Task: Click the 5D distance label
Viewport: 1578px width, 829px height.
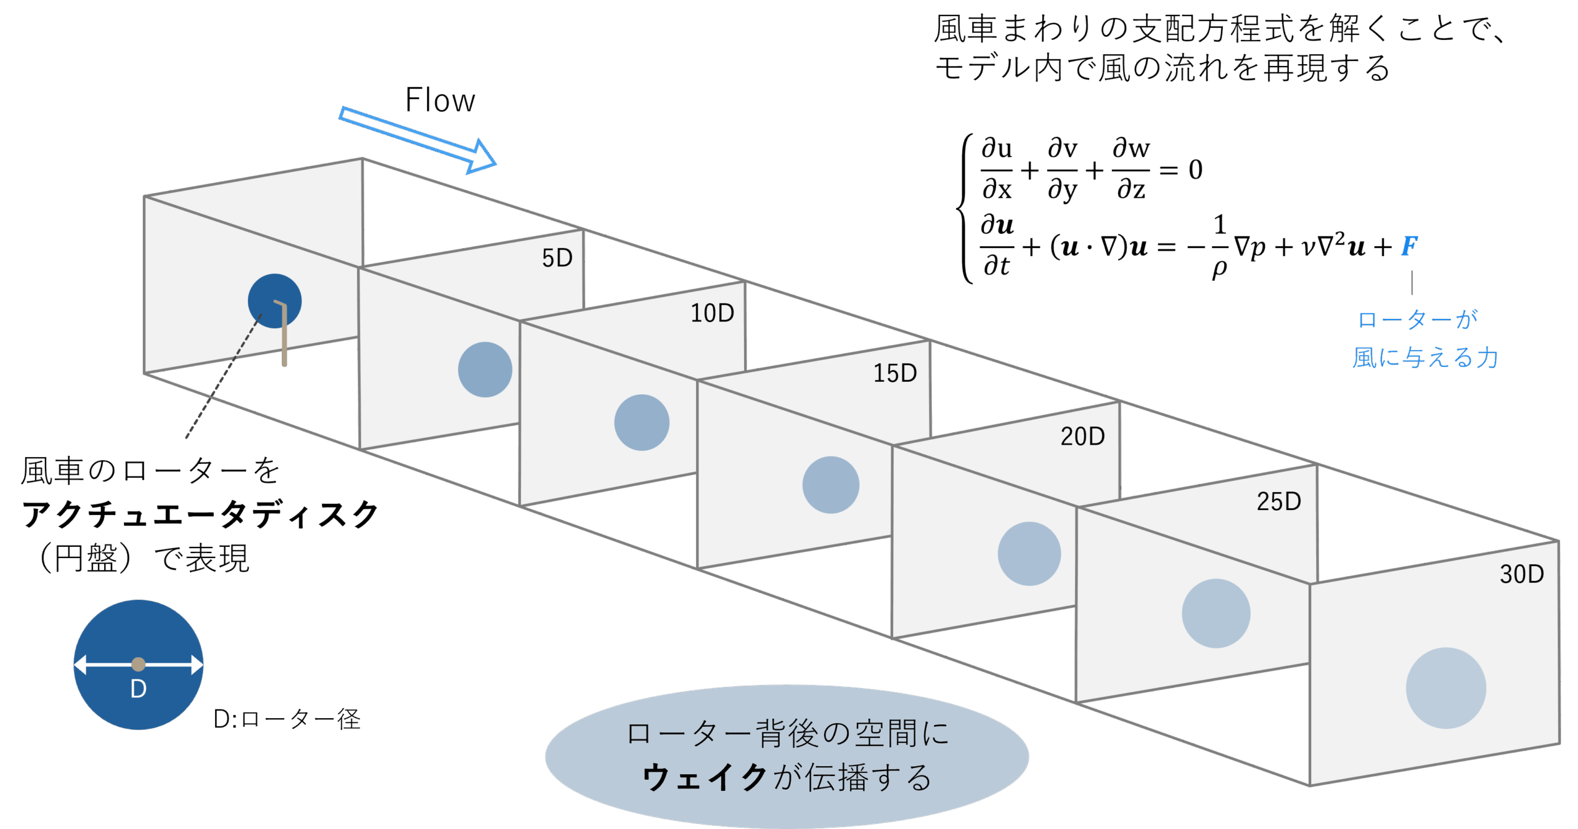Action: point(557,258)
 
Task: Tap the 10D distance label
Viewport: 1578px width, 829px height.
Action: point(712,313)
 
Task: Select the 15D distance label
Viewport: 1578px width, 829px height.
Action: point(894,373)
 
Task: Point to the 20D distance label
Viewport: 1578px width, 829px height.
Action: point(1082,437)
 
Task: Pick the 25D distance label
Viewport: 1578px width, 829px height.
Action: point(1279,502)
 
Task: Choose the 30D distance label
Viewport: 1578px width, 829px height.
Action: point(1521,575)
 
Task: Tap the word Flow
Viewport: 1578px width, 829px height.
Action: point(439,100)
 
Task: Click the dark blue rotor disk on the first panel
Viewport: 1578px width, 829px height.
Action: point(274,301)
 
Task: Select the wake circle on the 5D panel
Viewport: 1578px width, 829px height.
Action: point(485,370)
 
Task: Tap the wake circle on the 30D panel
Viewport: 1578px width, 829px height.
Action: point(1445,688)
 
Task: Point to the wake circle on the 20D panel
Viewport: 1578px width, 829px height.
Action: point(1029,554)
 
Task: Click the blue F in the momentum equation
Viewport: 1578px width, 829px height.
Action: point(1409,246)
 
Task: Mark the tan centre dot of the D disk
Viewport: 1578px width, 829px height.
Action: point(138,664)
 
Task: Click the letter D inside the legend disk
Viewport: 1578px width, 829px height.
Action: point(138,689)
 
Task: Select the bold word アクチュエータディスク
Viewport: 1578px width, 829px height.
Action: point(200,514)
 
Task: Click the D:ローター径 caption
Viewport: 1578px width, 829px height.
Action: point(287,719)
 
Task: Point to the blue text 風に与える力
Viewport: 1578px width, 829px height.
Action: point(1425,358)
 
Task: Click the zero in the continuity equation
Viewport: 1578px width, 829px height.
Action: point(1195,170)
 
